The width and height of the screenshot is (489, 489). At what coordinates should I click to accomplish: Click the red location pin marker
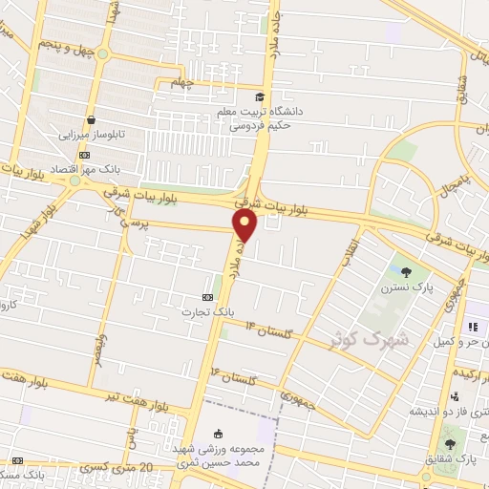pyautogui.click(x=245, y=225)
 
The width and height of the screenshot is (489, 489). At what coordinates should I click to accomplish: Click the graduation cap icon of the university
pyautogui.click(x=260, y=96)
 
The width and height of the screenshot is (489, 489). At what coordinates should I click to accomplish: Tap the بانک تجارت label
pyautogui.click(x=209, y=312)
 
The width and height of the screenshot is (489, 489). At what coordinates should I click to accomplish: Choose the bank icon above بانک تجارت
pyautogui.click(x=209, y=298)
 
